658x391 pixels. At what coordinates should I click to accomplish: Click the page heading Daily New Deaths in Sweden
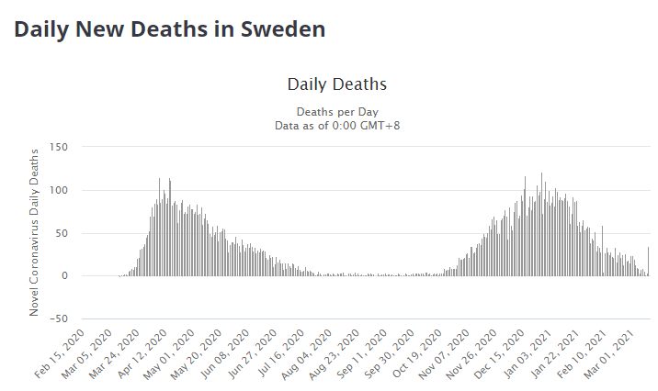169,29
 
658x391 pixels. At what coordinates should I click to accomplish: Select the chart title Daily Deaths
336,84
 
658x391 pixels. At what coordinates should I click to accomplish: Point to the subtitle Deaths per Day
336,111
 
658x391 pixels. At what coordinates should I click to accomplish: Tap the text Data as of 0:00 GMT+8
336,125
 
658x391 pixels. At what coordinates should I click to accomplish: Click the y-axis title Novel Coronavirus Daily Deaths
35,232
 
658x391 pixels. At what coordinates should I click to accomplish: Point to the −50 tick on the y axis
58,318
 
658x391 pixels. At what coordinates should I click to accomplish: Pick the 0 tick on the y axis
64,275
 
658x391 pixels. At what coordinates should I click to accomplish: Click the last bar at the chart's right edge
648,262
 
